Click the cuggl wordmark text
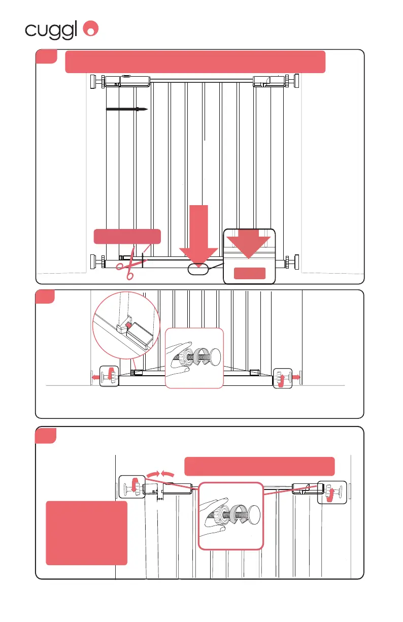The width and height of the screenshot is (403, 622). [52, 30]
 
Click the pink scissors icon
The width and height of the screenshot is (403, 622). [127, 264]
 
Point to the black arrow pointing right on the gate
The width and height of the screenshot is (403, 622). [126, 109]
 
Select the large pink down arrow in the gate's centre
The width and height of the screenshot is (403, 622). [198, 234]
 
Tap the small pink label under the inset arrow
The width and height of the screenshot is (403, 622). [249, 273]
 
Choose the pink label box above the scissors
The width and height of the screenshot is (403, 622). [127, 237]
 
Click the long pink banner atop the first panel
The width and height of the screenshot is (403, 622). [195, 62]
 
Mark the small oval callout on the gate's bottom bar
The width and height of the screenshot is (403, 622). [198, 269]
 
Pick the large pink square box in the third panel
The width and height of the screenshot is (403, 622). [86, 533]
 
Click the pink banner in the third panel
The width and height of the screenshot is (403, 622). [259, 466]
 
